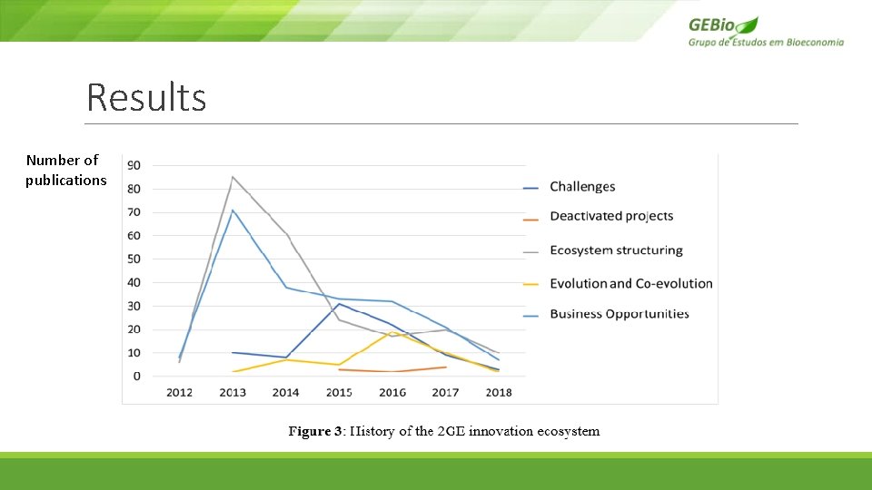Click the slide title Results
[x=146, y=98]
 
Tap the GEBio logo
[x=766, y=31]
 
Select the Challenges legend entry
[x=582, y=187]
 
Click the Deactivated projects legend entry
[x=611, y=216]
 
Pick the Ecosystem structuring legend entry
[x=616, y=250]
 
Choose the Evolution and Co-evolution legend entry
[x=630, y=284]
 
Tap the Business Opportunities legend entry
[x=619, y=314]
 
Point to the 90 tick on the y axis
[x=134, y=165]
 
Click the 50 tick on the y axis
[x=134, y=259]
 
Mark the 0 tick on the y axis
[x=136, y=376]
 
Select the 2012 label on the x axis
[x=179, y=393]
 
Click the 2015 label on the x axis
[x=339, y=393]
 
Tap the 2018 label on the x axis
[x=499, y=393]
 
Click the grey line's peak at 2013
[x=233, y=177]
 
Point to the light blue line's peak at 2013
[x=233, y=211]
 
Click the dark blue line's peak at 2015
[x=340, y=304]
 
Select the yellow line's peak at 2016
[x=392, y=333]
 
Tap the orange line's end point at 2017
[x=445, y=367]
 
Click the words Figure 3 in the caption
[x=315, y=431]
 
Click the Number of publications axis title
[x=65, y=170]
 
